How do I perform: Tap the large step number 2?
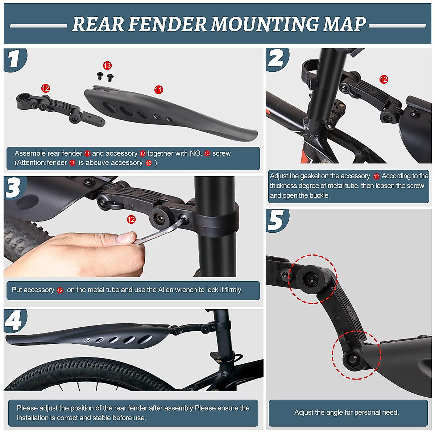pyautogui.click(x=276, y=58)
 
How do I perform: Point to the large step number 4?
pyautogui.click(x=14, y=321)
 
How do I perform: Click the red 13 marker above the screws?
pyautogui.click(x=107, y=65)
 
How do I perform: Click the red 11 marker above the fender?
pyautogui.click(x=158, y=90)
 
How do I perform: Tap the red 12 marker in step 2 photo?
pyautogui.click(x=384, y=79)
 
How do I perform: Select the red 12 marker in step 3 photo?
pyautogui.click(x=131, y=219)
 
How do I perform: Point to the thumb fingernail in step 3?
pyautogui.click(x=126, y=238)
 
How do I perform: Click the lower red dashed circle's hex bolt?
pyautogui.click(x=353, y=359)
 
